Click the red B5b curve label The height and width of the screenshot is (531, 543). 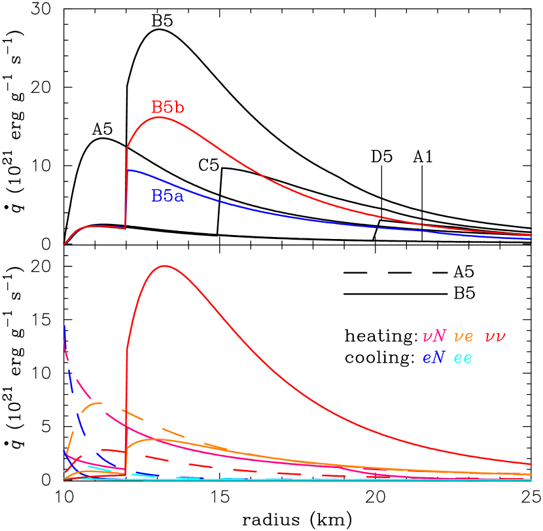click(x=167, y=107)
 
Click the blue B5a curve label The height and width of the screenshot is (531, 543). click(x=167, y=196)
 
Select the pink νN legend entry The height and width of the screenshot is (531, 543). click(x=434, y=337)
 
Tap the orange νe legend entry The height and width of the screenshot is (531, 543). click(x=464, y=337)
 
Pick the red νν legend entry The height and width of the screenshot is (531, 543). click(x=495, y=337)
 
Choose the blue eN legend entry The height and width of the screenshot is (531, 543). click(x=434, y=358)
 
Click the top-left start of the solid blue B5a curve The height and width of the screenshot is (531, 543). click(x=128, y=170)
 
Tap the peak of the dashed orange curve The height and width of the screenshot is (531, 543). click(x=98, y=403)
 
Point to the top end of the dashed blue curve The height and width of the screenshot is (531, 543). click(x=64, y=325)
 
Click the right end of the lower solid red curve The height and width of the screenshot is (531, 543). click(x=531, y=464)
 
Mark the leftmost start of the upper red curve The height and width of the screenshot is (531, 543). click(x=64, y=244)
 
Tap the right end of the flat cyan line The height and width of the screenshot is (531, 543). click(x=531, y=479)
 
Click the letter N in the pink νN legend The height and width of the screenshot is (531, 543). click(x=440, y=337)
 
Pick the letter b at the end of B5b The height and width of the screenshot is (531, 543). click(x=179, y=107)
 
